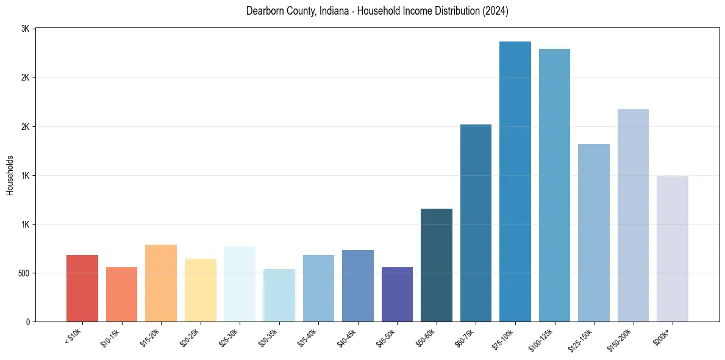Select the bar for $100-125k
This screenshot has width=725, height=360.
554,185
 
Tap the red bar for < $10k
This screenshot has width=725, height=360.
82,289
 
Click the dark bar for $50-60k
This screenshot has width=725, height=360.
437,265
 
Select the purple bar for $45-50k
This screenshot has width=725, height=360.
397,295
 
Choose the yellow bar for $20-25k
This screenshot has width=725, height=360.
201,290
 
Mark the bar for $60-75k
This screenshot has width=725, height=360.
476,223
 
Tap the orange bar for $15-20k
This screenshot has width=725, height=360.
161,283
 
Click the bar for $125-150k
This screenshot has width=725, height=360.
594,233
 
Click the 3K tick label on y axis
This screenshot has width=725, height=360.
25,29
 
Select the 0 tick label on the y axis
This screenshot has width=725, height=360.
28,322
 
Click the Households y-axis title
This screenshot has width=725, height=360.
10,175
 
